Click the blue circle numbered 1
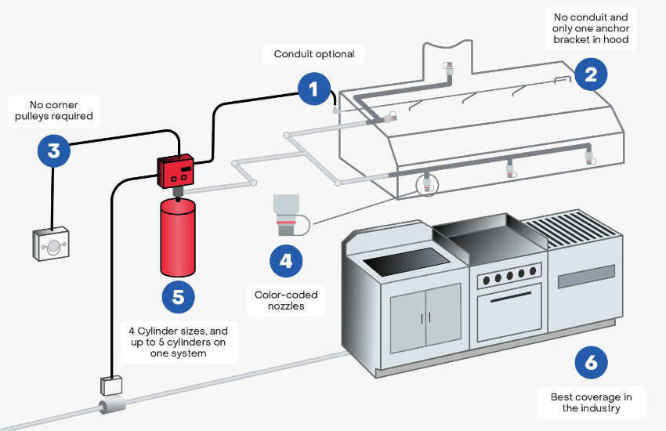click(314, 89)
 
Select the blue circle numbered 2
click(591, 74)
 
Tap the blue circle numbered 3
click(53, 150)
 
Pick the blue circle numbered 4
click(286, 261)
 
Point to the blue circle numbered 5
click(179, 297)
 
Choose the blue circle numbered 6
click(591, 363)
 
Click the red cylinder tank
click(178, 237)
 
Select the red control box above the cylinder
click(176, 171)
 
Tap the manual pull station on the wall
click(51, 244)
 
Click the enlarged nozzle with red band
click(286, 215)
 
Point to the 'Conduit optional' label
click(314, 54)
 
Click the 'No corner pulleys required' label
click(54, 110)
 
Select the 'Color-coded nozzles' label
click(286, 300)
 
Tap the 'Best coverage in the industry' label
click(591, 403)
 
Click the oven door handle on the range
click(511, 296)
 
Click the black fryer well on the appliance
click(407, 261)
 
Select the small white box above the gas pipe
click(111, 386)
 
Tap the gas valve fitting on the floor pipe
click(112, 405)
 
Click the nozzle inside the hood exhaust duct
click(448, 68)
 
